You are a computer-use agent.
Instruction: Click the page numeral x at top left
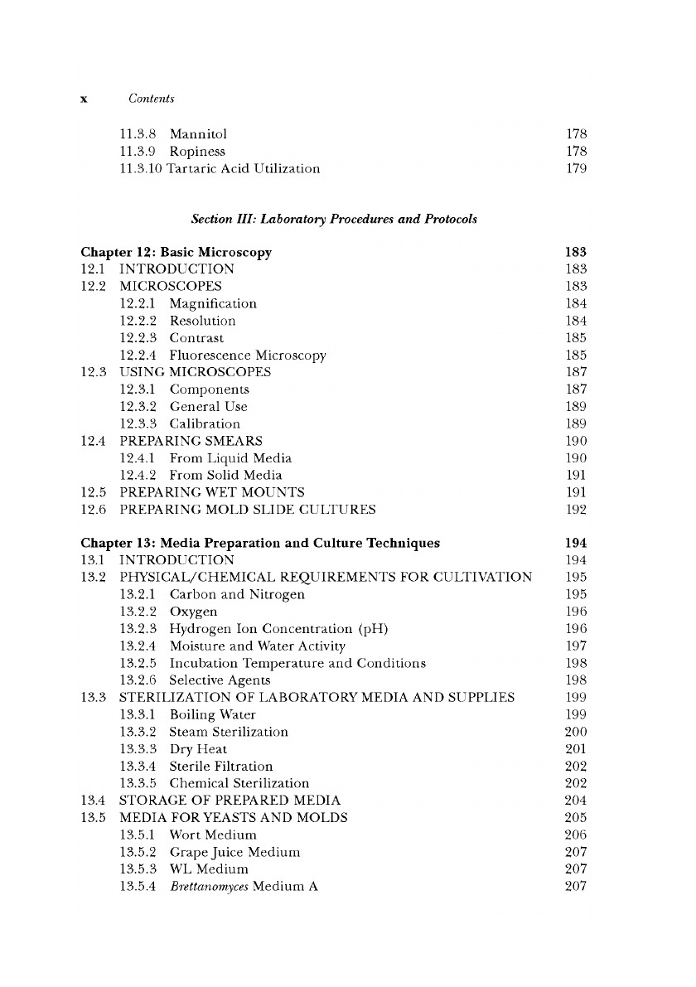click(84, 100)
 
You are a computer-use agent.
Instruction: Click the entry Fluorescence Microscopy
click(248, 356)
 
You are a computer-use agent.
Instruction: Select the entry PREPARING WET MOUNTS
click(212, 492)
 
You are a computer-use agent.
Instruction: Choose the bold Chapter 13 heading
click(260, 544)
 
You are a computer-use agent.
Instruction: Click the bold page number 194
click(576, 544)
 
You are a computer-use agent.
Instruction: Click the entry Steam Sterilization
click(229, 732)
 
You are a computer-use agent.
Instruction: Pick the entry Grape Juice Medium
click(234, 852)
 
